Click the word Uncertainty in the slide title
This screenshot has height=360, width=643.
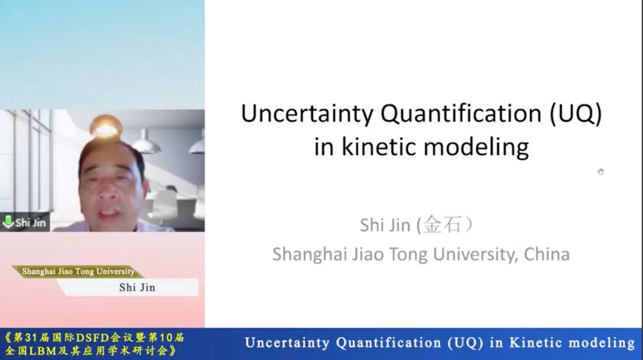307,113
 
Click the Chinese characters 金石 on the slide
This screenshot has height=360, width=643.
442,224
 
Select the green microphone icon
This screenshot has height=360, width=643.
8,222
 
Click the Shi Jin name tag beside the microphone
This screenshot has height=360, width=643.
30,223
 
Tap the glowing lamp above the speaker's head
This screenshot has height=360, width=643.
106,126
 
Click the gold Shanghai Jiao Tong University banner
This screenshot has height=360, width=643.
78,271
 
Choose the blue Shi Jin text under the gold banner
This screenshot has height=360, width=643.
137,287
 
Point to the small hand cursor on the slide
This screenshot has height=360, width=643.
601,172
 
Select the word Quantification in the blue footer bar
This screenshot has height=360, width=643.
389,343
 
